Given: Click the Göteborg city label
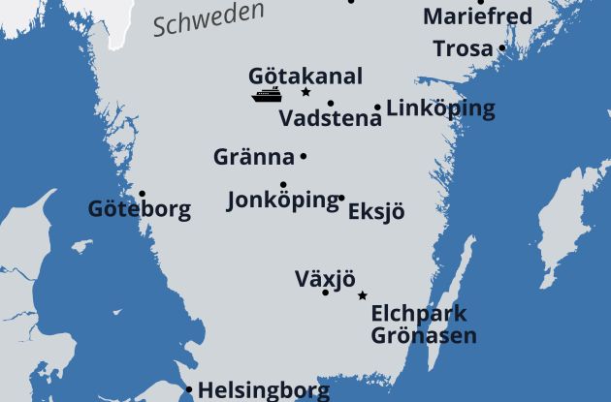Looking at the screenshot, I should point(139,209).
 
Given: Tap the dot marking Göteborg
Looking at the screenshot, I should point(142,194).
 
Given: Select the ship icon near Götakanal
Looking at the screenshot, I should point(267,95).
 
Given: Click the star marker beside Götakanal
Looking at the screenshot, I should point(305,92).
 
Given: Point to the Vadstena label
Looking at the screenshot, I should point(330,119).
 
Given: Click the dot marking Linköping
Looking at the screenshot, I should point(377,108).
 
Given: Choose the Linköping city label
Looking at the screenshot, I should point(440,108).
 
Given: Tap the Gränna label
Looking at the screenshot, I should point(253,157).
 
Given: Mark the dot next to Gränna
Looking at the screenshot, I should point(304,156).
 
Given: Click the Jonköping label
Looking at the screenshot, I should point(281,201).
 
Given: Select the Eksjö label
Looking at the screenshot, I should point(376,211).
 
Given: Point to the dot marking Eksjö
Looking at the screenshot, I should point(341,198).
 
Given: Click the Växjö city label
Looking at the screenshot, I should point(325,280).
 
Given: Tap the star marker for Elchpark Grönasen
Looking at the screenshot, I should point(363,295).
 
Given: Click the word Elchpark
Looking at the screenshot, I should point(418,314).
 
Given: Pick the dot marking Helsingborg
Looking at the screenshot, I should point(189,390).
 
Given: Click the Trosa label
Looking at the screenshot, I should point(463,48).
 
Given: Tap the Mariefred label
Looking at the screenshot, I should point(477,16).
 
